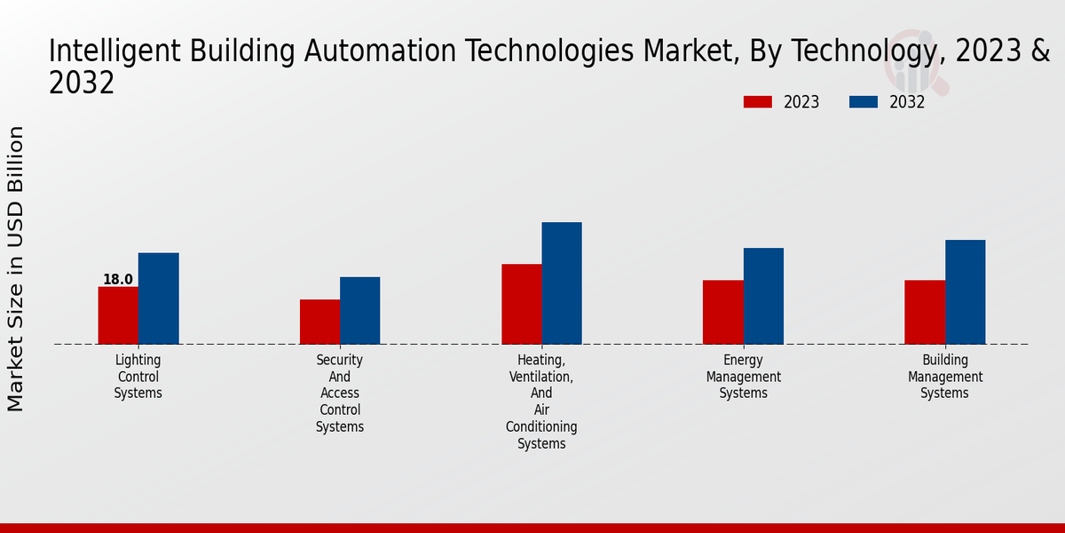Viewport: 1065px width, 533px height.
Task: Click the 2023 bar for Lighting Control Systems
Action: pos(118,315)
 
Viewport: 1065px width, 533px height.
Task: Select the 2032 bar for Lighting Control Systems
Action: pos(158,298)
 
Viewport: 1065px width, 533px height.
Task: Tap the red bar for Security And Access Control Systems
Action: pos(319,322)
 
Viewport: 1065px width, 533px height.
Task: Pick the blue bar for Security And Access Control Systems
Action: pos(359,310)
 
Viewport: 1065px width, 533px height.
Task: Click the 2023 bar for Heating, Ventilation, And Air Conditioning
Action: pos(521,304)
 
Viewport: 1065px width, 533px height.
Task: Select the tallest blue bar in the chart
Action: pos(562,282)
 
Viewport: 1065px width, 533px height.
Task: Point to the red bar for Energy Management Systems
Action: pos(722,312)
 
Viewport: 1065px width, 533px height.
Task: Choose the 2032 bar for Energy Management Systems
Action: pos(763,296)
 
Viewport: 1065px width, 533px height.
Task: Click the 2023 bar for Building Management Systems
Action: pos(925,312)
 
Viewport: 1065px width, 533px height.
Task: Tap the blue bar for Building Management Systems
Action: pos(965,291)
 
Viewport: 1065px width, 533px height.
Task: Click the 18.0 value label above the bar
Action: pos(117,280)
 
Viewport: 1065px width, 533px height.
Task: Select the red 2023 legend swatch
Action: pos(757,102)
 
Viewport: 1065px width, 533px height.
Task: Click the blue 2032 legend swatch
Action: pos(863,102)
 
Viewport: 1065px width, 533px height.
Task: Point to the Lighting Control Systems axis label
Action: pos(138,377)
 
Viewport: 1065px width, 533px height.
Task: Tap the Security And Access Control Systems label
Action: pos(340,394)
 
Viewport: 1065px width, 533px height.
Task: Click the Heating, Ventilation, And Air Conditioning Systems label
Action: pos(541,402)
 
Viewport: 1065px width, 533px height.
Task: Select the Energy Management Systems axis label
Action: pos(744,377)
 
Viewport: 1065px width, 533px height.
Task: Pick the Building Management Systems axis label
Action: pos(945,377)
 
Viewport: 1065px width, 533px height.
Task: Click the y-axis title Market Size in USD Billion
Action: pos(16,268)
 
